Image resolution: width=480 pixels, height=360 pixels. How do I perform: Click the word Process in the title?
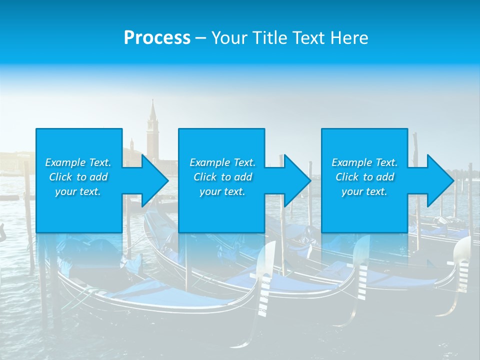(x=157, y=37)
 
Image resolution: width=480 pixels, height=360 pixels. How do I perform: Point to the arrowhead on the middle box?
(x=297, y=180)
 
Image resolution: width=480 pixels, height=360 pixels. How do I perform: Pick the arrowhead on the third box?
(x=440, y=180)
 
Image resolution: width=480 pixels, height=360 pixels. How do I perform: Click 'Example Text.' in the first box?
(x=78, y=162)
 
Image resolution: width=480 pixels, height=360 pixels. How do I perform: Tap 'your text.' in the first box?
(x=78, y=191)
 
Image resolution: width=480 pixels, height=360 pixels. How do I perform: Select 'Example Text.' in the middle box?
(x=222, y=162)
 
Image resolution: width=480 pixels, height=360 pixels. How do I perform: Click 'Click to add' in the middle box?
(x=222, y=177)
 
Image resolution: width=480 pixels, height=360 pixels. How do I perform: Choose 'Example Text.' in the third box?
(x=364, y=162)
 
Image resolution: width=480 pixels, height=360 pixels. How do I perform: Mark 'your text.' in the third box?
(x=364, y=191)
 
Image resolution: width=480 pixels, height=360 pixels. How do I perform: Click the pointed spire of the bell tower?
(x=152, y=107)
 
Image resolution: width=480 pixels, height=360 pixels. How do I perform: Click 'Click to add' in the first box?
(x=78, y=177)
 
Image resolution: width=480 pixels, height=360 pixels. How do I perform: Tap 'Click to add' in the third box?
(x=364, y=177)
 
